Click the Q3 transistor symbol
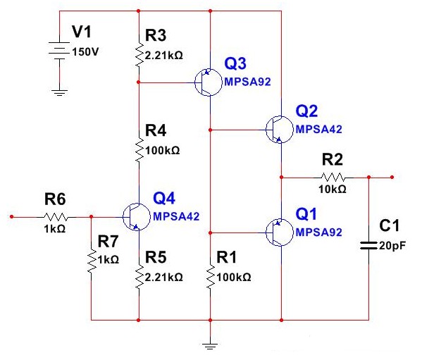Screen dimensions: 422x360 [x=209, y=82]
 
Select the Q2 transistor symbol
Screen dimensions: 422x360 [x=280, y=130]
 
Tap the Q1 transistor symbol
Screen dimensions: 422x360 [x=280, y=232]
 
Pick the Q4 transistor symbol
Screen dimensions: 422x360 [x=137, y=216]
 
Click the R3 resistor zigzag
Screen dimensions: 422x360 [x=139, y=54]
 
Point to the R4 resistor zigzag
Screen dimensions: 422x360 [x=139, y=149]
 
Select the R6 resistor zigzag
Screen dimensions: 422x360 [x=56, y=216]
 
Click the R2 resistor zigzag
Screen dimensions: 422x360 [x=333, y=178]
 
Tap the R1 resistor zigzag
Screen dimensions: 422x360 [x=211, y=277]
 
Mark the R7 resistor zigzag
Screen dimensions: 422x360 [x=92, y=261]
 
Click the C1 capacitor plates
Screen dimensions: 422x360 [x=368, y=245]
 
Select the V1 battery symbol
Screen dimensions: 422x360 [x=59, y=50]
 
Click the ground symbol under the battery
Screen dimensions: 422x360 [x=59, y=93]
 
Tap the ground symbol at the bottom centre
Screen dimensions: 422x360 [x=210, y=346]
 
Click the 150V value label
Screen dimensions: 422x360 [x=85, y=51]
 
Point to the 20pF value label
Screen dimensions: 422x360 [x=392, y=245]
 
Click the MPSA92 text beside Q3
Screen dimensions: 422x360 [x=247, y=82]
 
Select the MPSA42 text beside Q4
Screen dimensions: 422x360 [x=176, y=216]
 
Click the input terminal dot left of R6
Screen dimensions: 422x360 [x=11, y=216]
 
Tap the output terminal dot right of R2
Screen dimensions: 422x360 [x=392, y=177]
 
